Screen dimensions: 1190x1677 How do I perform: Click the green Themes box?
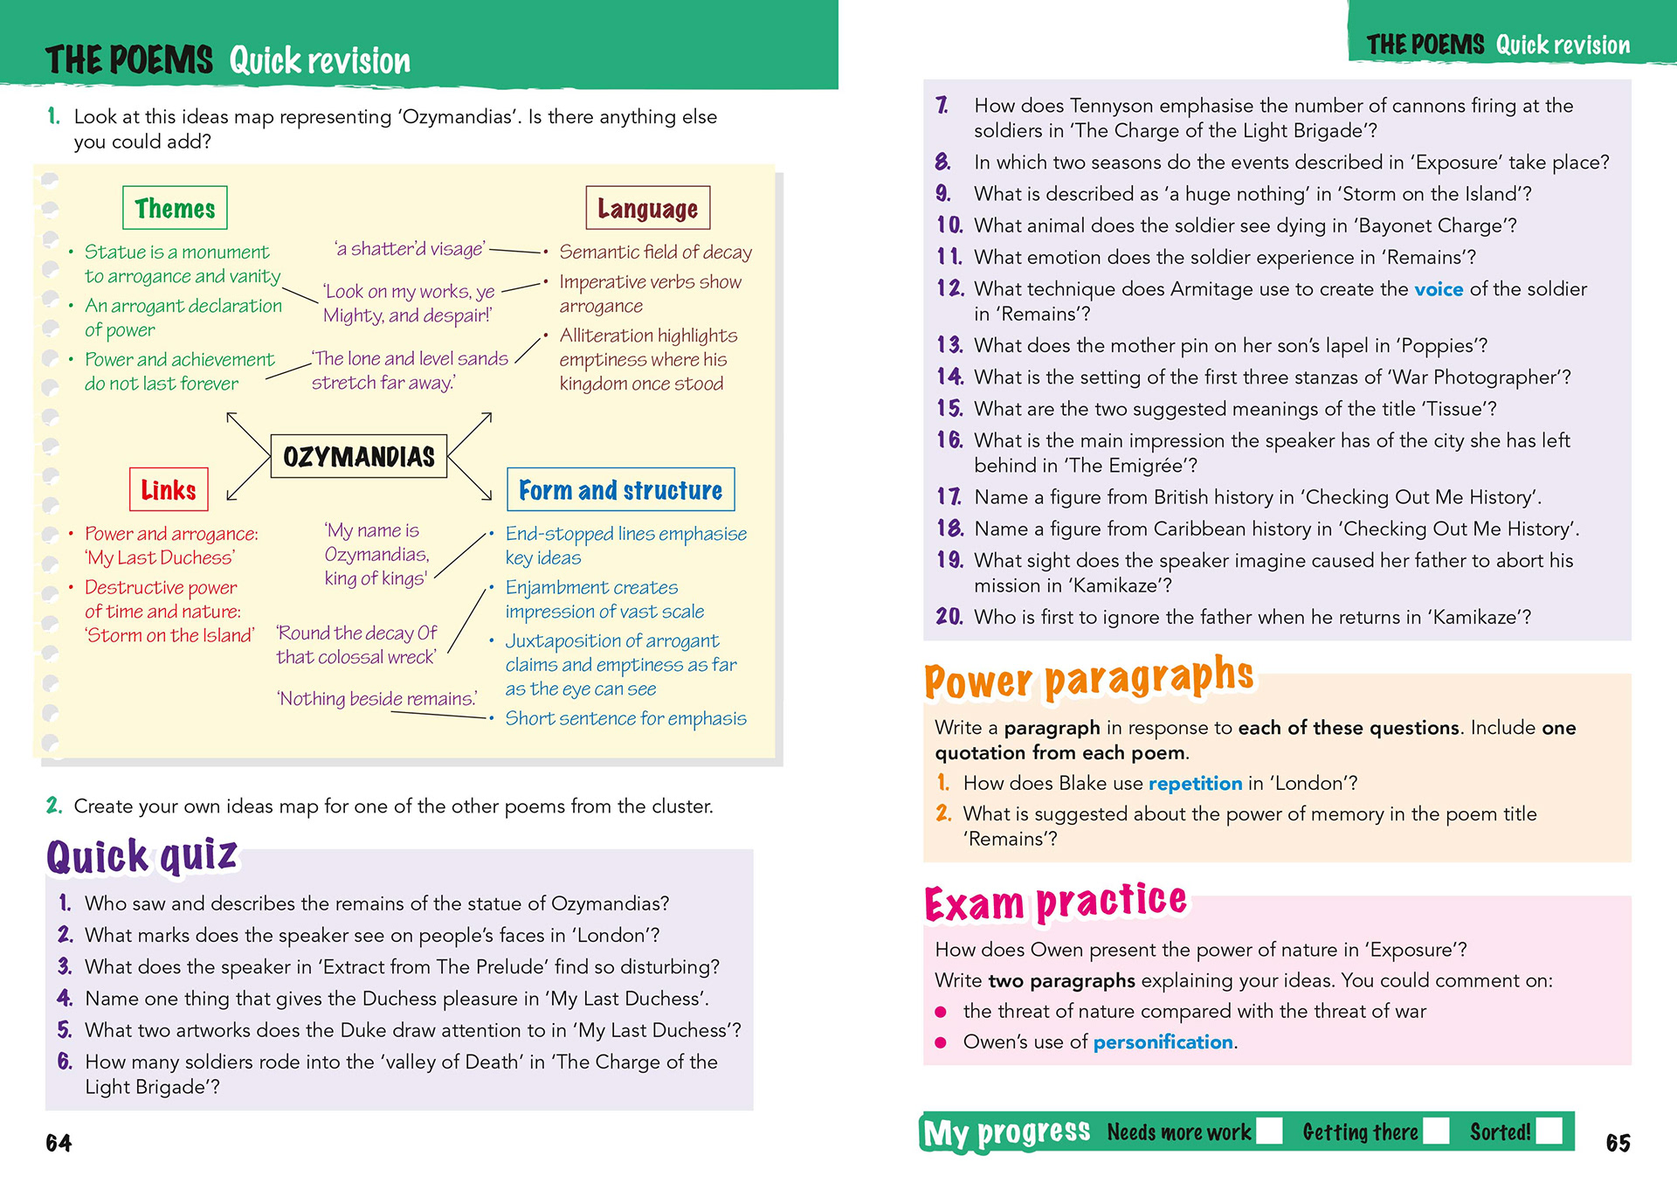[175, 208]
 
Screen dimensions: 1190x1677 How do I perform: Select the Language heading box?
[647, 208]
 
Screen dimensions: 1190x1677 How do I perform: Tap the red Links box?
[169, 489]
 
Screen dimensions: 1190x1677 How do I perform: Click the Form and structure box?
[620, 489]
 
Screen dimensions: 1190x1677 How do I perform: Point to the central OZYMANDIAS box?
[358, 456]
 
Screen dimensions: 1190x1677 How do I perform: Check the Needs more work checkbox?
[1269, 1131]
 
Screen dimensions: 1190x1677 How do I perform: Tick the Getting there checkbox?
[1436, 1131]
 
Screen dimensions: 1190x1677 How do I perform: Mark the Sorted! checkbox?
[1549, 1131]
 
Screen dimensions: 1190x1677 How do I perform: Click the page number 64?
[59, 1143]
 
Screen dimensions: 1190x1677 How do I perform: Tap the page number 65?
[1618, 1143]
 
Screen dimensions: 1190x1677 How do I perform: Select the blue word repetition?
[1195, 783]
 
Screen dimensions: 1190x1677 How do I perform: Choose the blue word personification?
[1163, 1041]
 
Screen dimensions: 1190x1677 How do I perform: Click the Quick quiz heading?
[141, 856]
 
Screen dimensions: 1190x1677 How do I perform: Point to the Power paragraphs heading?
[1089, 678]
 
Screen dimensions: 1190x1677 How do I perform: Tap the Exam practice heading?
[1055, 902]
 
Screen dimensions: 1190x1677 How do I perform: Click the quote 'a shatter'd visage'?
[410, 249]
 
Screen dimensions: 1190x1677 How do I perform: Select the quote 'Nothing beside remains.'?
[377, 698]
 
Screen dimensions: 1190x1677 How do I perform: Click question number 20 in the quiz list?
[949, 617]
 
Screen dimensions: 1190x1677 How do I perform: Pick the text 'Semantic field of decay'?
[655, 253]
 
